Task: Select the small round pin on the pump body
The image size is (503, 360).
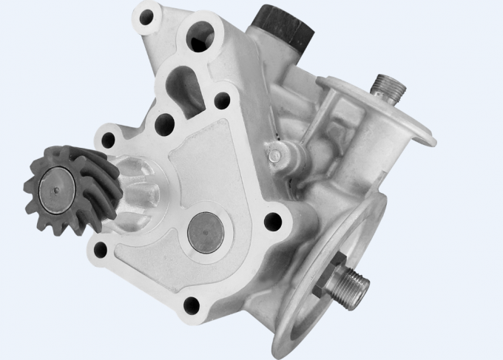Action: point(276,154)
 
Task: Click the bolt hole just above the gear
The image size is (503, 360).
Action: point(109,137)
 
